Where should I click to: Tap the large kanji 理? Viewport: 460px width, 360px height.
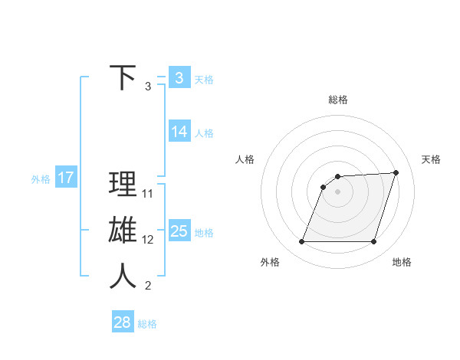tap(123, 185)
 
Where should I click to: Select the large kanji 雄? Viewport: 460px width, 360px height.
tap(123, 231)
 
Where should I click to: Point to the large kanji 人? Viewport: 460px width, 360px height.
tap(123, 277)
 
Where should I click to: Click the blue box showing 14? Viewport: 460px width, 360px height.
tap(179, 132)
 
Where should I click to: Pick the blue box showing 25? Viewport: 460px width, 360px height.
tap(179, 231)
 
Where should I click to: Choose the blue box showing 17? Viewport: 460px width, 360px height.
tap(66, 178)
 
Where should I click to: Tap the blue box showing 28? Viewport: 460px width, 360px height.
tap(123, 322)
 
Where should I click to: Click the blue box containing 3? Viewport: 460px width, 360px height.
tap(179, 78)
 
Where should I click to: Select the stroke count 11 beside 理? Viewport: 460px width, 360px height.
tap(148, 194)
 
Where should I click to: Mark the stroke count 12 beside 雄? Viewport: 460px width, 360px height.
tap(148, 240)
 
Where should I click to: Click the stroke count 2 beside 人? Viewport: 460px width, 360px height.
tap(148, 286)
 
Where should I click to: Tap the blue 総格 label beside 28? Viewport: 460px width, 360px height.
tap(147, 324)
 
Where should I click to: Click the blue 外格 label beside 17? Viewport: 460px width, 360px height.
tap(41, 179)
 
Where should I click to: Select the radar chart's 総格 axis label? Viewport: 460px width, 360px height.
tap(338, 100)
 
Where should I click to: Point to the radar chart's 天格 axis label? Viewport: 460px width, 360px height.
tap(431, 159)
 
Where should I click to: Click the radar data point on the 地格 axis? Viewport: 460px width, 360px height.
tap(374, 242)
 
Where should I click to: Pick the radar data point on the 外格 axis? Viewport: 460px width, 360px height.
tap(302, 242)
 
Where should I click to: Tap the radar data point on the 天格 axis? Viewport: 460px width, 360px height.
tap(396, 172)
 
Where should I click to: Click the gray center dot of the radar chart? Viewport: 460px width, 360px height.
tap(338, 191)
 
